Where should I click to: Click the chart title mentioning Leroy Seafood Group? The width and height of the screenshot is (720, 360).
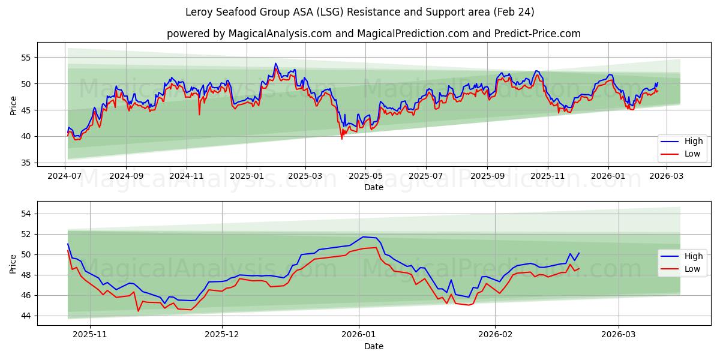(360, 12)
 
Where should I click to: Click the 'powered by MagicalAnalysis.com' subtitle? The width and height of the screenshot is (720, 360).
(373, 34)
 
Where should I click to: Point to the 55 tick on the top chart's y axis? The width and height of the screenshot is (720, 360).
(26, 58)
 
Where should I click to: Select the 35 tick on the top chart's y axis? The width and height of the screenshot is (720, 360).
(26, 163)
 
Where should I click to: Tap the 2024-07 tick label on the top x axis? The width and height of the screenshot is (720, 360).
(65, 176)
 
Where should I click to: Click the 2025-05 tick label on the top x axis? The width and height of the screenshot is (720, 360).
(365, 176)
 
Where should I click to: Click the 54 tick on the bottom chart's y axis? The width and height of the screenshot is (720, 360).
(26, 214)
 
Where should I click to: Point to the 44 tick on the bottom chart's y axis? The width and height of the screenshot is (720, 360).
(26, 316)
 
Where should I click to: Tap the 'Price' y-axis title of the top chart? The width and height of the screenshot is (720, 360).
(13, 105)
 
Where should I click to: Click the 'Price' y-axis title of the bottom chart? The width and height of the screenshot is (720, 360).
(13, 263)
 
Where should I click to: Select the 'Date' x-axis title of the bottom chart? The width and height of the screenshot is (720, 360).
(373, 346)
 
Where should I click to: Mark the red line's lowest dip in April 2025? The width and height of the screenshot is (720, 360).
(342, 139)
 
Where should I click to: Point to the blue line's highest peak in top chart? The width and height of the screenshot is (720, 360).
(275, 63)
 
